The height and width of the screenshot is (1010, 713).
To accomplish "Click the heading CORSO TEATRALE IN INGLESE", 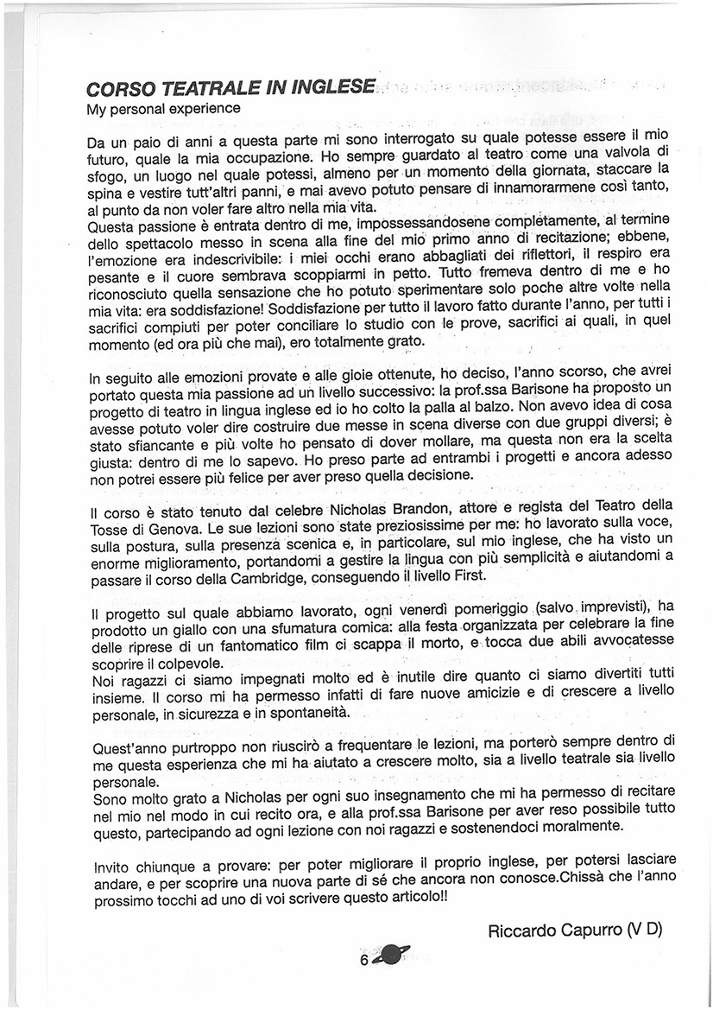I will (x=231, y=88).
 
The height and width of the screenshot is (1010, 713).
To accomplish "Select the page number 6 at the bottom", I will (x=364, y=960).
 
